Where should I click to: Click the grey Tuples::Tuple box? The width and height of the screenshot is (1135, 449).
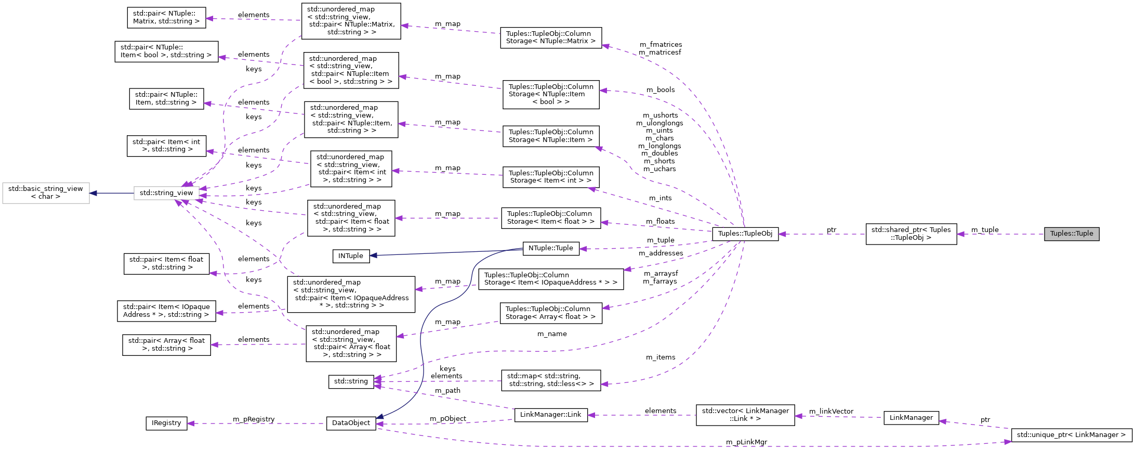(x=1071, y=234)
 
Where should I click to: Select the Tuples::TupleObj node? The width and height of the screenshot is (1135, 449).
(x=745, y=234)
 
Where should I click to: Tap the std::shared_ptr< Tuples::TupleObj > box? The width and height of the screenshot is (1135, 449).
(x=910, y=234)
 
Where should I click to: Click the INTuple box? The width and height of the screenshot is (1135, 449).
(x=351, y=256)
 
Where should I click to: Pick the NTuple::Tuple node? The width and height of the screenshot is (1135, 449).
(x=550, y=248)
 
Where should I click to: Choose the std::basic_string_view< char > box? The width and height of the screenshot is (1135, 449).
(x=46, y=193)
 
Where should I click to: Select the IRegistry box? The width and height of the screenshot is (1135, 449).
(x=166, y=423)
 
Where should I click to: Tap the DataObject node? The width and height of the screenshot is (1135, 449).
(x=351, y=423)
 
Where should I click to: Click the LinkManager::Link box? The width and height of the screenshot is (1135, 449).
(x=550, y=415)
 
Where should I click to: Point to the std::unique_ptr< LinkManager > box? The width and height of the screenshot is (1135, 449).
(x=1071, y=434)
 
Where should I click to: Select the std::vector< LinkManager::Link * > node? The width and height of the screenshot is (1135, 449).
(x=745, y=415)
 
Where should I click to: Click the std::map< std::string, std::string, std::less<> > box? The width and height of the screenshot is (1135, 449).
(x=550, y=380)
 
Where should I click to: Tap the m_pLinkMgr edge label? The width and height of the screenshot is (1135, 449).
(x=746, y=442)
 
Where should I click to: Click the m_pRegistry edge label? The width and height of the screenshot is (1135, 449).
(x=254, y=419)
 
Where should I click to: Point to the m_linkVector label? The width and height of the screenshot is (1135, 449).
(x=831, y=411)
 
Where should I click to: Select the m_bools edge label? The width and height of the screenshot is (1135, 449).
(x=660, y=89)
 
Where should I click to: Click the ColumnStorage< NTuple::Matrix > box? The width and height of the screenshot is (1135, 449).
(x=550, y=37)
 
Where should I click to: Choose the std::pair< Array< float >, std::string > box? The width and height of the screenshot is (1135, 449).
(x=166, y=344)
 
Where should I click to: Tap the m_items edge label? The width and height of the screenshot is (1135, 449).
(x=660, y=357)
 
